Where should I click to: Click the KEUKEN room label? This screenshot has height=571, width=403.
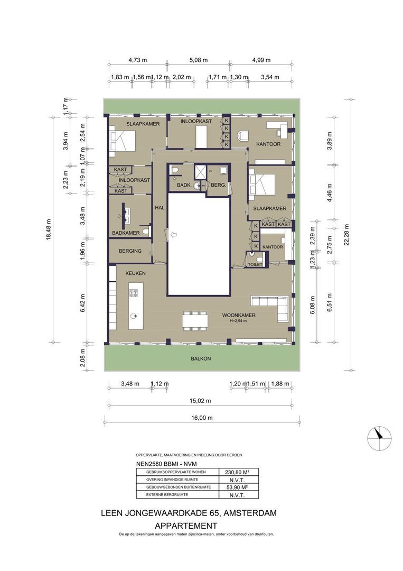coord(135,274)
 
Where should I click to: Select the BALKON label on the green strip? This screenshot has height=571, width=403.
coord(201,358)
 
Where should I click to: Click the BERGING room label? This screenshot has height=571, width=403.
coord(130,251)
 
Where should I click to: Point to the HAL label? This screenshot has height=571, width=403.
coord(160,208)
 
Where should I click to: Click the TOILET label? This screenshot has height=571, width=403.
coord(255,264)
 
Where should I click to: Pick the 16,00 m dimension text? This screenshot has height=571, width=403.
coord(202,418)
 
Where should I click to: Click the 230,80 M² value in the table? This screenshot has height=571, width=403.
coord(238,472)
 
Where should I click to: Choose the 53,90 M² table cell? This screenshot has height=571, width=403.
coord(238,487)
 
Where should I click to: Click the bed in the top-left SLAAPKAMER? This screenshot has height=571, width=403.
coord(123,141)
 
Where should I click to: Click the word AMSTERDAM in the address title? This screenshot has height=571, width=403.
coord(251,513)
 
